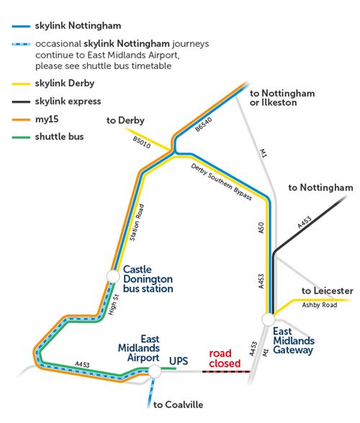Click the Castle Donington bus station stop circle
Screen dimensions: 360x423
pos(113,276)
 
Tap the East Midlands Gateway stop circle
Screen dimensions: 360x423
pos(268,319)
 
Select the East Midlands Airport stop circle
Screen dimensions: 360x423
pos(155,371)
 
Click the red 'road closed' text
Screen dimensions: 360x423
pos(225,358)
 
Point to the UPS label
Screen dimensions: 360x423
pos(179,361)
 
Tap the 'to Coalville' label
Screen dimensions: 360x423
pos(179,404)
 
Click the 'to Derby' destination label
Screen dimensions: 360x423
pos(125,120)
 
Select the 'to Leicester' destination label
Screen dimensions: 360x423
pos(328,291)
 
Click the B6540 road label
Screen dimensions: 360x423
pos(204,124)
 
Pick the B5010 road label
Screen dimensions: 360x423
pos(142,142)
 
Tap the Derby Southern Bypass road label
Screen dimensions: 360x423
pos(222,182)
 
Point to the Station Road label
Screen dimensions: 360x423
pos(137,222)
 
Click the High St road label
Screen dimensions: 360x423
pos(114,304)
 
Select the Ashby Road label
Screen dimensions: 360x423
pos(320,305)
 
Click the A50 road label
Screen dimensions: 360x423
pos(261,227)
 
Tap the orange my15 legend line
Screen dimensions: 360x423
pos(21,119)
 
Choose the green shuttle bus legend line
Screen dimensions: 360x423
pos(21,137)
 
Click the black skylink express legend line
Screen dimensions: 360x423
pos(21,101)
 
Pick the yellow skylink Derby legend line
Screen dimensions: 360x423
pos(21,84)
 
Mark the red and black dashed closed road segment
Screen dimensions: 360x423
pos(226,371)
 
